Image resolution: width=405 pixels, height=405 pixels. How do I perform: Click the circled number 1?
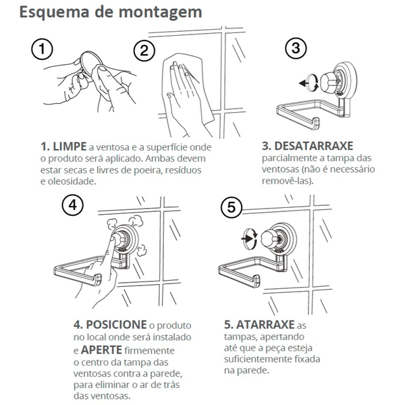coord(42,49)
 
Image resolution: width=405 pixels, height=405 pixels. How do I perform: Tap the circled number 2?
coord(144,51)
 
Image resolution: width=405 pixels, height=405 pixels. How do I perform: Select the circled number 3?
coord(296,49)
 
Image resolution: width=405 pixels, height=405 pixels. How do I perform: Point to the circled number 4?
coord(73,205)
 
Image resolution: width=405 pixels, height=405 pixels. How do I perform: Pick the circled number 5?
coord(232,207)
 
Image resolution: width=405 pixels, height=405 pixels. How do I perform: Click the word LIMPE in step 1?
coord(70,146)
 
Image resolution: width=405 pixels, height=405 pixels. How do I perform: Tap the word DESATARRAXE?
coord(314,146)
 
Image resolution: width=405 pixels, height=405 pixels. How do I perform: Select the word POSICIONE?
coord(116,325)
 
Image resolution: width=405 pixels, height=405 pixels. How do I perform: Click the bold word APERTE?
coord(101,350)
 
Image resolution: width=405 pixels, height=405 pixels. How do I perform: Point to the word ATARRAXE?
coord(265,325)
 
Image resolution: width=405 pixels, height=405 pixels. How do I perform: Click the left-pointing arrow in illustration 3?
coord(304,83)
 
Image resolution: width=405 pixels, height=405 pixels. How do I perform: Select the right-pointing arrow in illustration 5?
coord(247,238)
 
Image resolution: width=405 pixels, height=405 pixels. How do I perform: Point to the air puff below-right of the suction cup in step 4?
coord(141,250)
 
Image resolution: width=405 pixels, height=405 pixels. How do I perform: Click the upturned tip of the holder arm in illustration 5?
coord(256,281)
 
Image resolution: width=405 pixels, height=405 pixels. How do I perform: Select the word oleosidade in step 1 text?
coord(72,182)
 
